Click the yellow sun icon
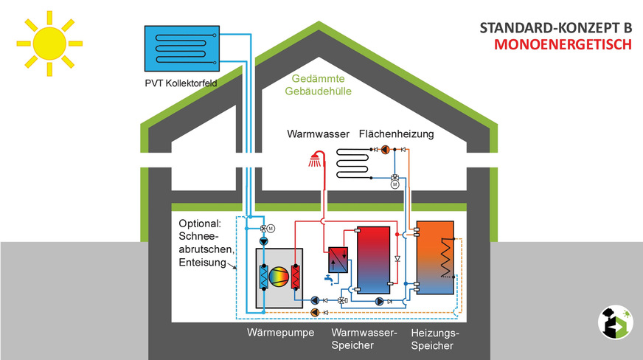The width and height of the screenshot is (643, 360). tap(46, 43)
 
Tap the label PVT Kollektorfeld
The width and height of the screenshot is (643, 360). tap(181, 84)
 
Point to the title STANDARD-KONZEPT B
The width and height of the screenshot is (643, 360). tap(556, 27)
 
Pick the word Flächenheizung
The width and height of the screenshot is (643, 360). tap(396, 134)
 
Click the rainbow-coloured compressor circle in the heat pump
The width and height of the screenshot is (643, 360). tap(279, 277)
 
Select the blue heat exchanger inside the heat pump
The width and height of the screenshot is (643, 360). tap(263, 277)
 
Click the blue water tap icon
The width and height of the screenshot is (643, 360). tap(327, 280)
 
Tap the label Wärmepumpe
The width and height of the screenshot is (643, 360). tap(281, 333)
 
